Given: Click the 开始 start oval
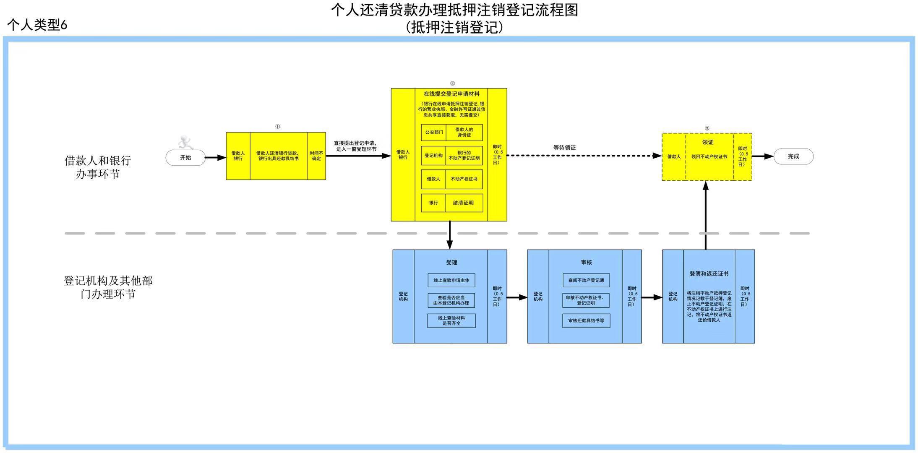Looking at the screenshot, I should coord(185,158).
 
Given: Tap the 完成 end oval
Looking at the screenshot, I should coord(793,156).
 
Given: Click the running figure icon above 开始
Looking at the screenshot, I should coord(185,143).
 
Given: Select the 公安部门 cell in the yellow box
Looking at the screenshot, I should coord(434,133).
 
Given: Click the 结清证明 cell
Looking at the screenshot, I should coord(463,203).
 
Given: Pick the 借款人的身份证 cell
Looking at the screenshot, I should coord(464,133).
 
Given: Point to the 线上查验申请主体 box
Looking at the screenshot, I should coord(451,281).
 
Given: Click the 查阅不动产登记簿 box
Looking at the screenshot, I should coord(586,281).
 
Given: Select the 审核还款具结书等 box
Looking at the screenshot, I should coord(586,321).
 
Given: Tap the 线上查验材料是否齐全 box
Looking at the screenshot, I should coord(451,321).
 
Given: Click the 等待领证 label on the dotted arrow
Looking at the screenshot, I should coord(564,148).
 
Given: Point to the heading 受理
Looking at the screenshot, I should coord(451,263).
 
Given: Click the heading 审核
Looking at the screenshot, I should coord(586,263).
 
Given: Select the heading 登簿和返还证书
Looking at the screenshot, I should coord(709,274).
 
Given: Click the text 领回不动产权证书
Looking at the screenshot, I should coord(709,157).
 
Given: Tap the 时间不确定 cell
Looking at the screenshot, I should coord(316,156).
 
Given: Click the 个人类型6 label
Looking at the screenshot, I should coord(37,25).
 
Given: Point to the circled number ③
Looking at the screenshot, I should coord(707,128).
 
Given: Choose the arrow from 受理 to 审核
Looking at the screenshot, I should coord(517,298).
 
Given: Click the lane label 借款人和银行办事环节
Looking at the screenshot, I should coord(98,167).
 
